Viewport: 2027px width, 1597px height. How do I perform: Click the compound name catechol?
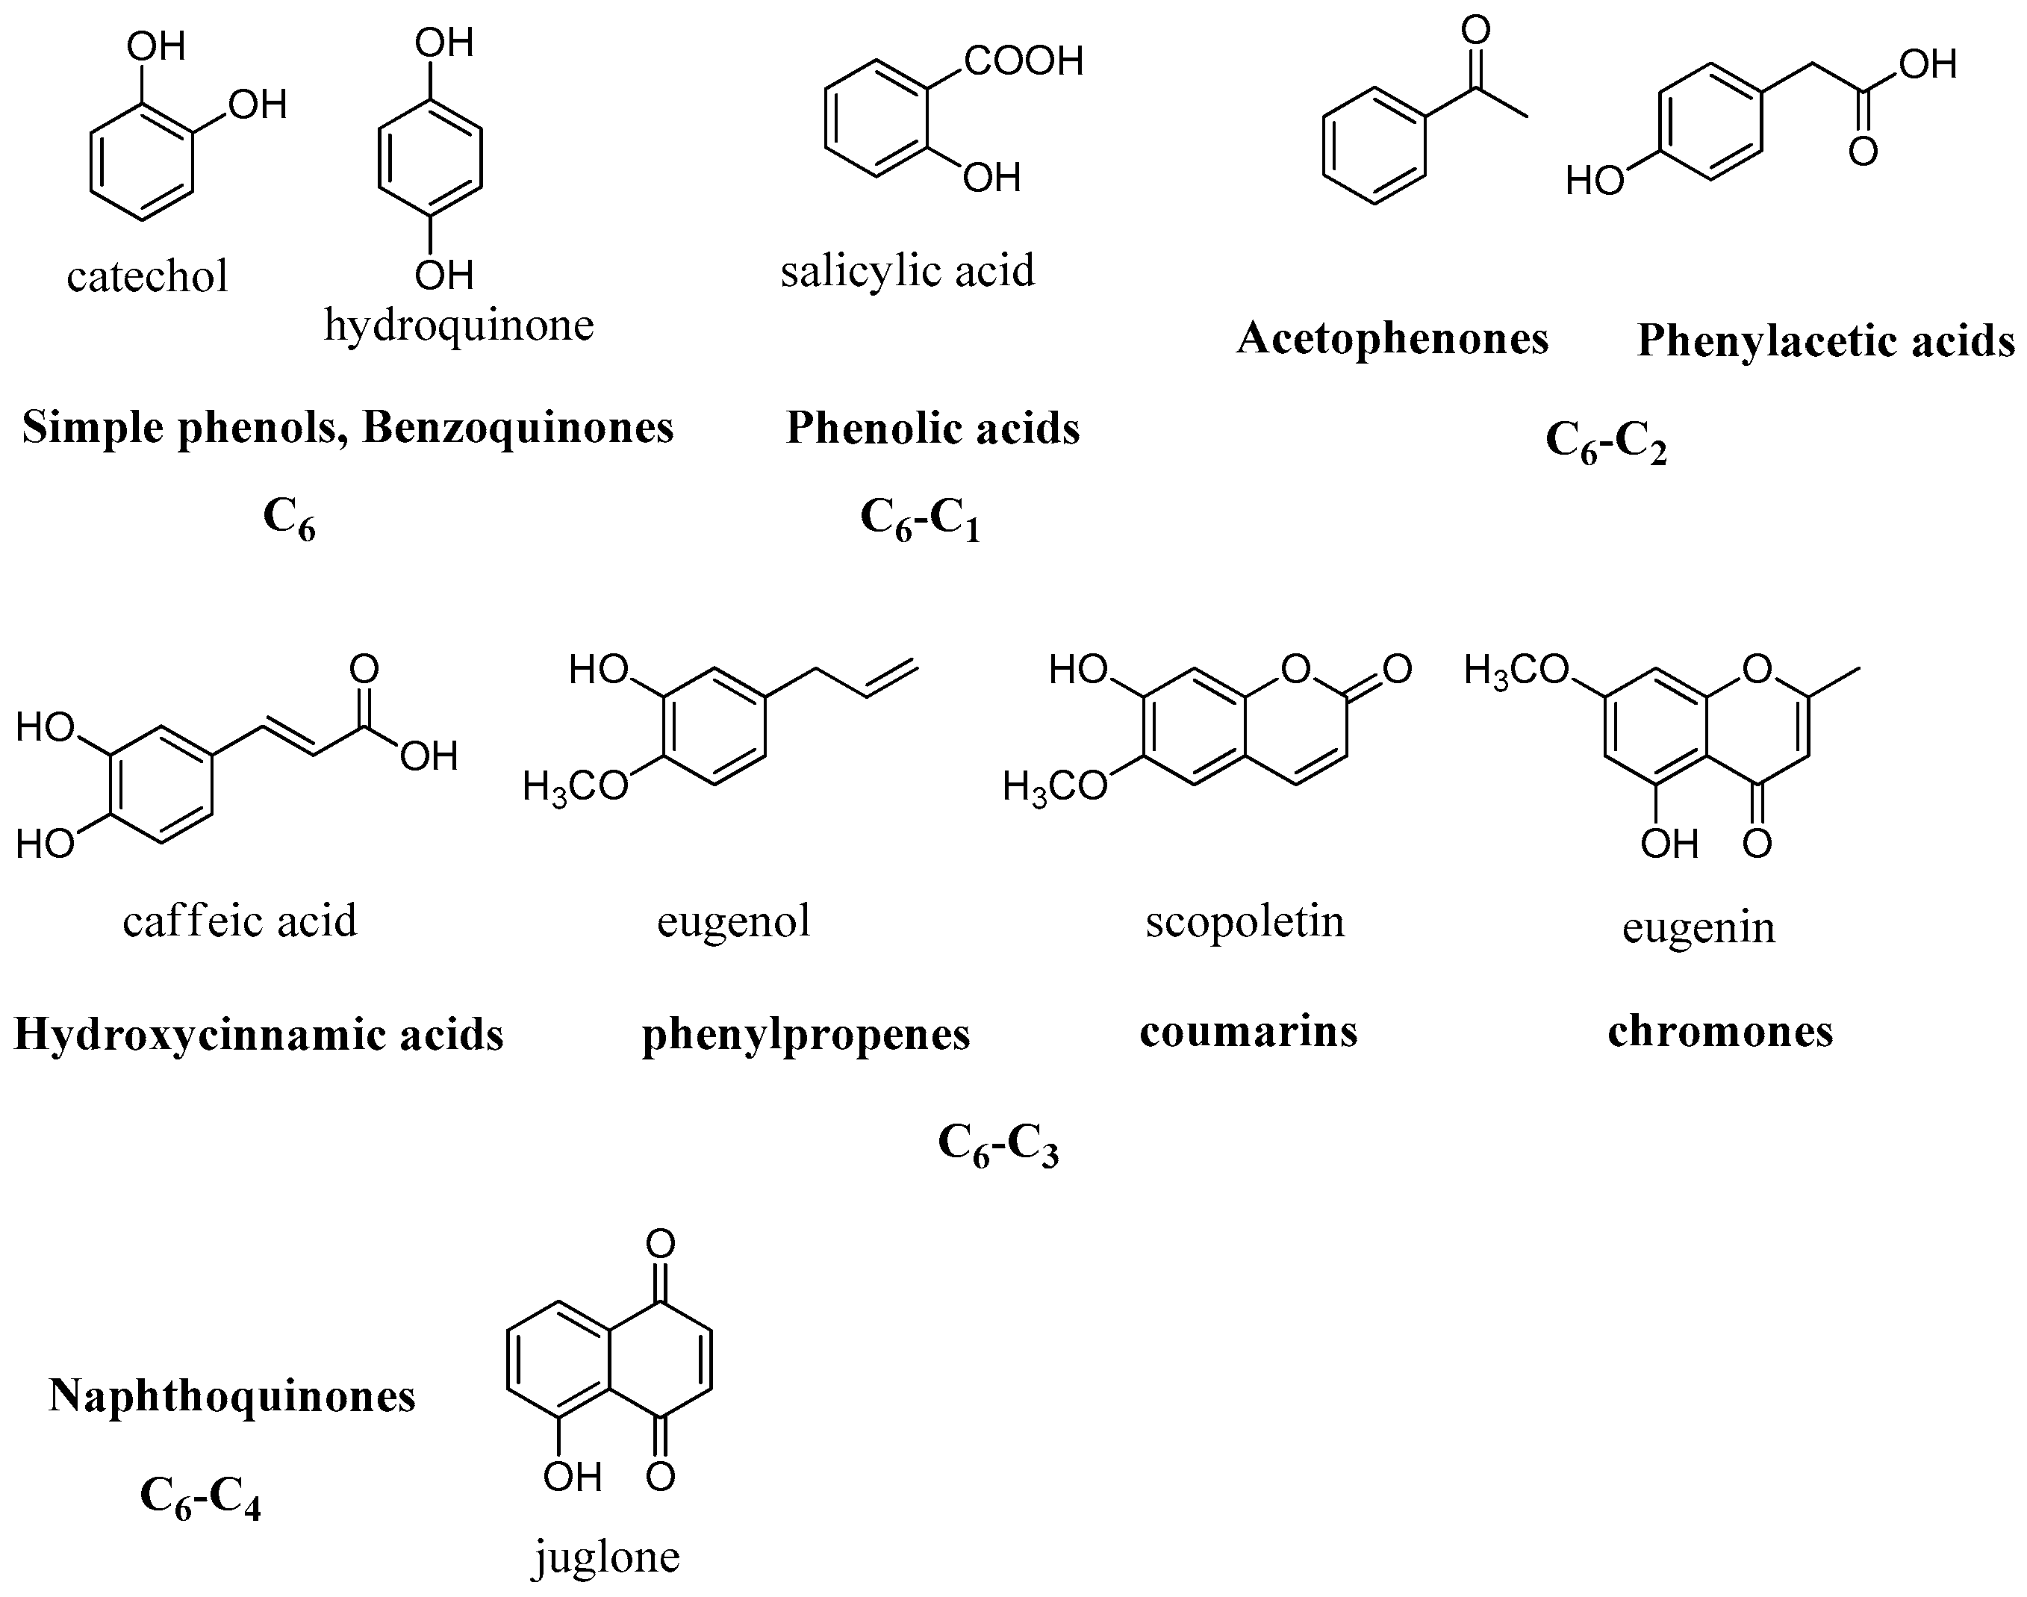(148, 275)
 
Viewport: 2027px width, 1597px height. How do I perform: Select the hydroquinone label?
(458, 326)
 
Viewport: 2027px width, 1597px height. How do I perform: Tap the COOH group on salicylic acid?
(1023, 62)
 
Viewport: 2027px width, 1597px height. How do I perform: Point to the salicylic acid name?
(908, 271)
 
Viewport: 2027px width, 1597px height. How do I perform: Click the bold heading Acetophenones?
(1392, 338)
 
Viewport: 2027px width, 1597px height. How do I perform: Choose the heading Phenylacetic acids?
(1825, 341)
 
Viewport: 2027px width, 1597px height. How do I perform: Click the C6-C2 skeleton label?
(1605, 441)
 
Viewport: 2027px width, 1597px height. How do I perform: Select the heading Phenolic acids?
(932, 429)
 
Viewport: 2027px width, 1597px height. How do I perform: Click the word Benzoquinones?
(517, 429)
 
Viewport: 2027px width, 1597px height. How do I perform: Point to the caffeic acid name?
(240, 921)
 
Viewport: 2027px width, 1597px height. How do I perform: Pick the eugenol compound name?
(733, 921)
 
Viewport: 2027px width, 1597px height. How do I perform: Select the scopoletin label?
(1245, 921)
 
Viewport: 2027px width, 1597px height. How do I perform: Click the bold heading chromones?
(1720, 1031)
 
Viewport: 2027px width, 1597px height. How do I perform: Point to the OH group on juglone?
(572, 1478)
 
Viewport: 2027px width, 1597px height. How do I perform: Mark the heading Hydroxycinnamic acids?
(259, 1034)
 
